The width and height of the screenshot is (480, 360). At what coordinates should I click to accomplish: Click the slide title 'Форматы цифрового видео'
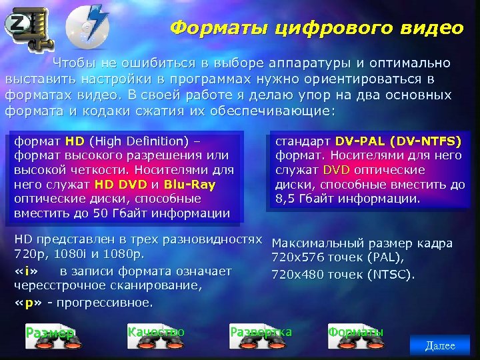click(x=316, y=28)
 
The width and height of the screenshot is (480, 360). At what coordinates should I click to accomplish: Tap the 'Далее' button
click(x=440, y=345)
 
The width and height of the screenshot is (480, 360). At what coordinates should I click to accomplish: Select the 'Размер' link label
click(x=50, y=333)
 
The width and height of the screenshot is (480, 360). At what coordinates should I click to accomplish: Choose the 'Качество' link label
click(x=155, y=331)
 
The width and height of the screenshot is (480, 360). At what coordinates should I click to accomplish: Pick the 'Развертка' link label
click(x=261, y=331)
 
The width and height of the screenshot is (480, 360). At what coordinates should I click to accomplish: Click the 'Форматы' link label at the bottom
click(x=356, y=331)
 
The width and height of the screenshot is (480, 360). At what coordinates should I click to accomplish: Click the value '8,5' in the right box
click(x=285, y=199)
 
